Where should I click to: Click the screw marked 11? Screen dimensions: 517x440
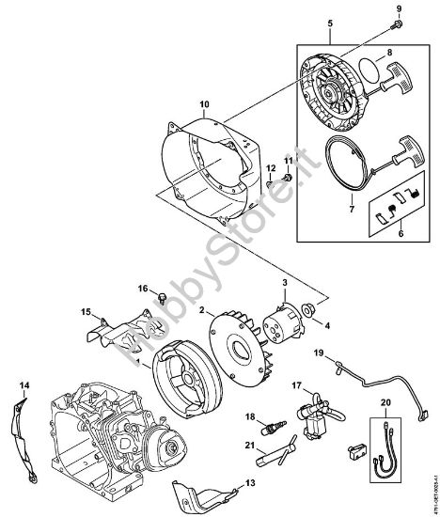tap(288, 177)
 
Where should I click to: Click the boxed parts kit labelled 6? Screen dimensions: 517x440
tap(395, 218)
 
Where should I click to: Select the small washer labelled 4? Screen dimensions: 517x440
tap(309, 309)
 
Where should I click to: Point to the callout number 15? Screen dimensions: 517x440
tap(84, 310)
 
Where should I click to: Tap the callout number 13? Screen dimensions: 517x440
tap(248, 482)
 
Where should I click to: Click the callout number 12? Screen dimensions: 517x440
tap(270, 170)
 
